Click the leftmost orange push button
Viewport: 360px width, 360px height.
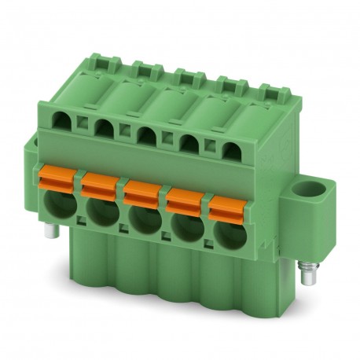pos(57,177)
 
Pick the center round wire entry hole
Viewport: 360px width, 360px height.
pos(143,219)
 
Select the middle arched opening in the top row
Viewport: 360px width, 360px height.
pos(146,135)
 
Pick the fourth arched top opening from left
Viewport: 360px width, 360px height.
pos(189,143)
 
